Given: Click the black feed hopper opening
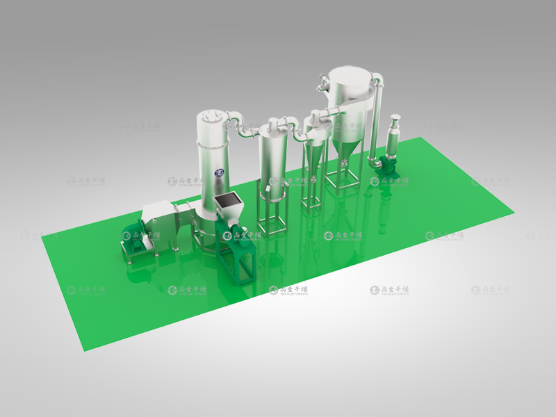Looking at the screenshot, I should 227,199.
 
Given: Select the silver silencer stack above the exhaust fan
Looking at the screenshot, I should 395,133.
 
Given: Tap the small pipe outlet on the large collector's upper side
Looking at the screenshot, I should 322,87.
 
